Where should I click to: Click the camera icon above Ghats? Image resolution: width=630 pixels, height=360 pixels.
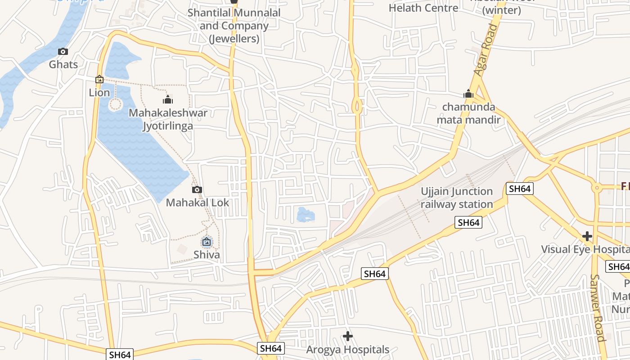(x=63, y=51)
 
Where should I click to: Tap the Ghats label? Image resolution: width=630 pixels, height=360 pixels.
(x=63, y=64)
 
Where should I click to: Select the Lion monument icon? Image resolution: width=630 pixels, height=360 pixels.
(x=99, y=80)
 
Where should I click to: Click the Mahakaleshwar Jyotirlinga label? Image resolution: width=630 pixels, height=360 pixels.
(x=168, y=119)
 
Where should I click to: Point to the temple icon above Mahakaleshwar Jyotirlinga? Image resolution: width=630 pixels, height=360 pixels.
(x=168, y=99)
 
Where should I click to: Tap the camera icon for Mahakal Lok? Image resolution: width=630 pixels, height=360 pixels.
(x=197, y=190)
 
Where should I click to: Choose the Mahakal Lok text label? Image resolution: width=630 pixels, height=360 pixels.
(x=198, y=202)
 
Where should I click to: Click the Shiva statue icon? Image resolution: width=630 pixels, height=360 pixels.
(x=207, y=242)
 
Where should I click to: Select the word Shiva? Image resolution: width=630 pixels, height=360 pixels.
(x=207, y=255)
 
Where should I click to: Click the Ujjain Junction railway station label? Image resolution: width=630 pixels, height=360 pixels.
(x=457, y=198)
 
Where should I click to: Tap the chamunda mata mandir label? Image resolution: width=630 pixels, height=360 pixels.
(x=468, y=113)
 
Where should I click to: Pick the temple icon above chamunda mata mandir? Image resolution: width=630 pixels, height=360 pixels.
(x=468, y=94)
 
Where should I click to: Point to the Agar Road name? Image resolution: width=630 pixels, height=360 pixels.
(x=487, y=50)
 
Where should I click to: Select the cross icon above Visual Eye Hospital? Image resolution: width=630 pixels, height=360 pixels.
(x=587, y=236)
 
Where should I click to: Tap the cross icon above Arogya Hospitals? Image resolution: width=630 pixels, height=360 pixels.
(x=347, y=336)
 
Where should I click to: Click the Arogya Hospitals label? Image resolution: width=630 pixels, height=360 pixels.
(x=347, y=350)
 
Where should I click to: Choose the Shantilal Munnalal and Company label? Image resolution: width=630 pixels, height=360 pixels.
(x=234, y=26)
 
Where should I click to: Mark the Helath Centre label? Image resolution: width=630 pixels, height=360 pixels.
(x=423, y=8)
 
